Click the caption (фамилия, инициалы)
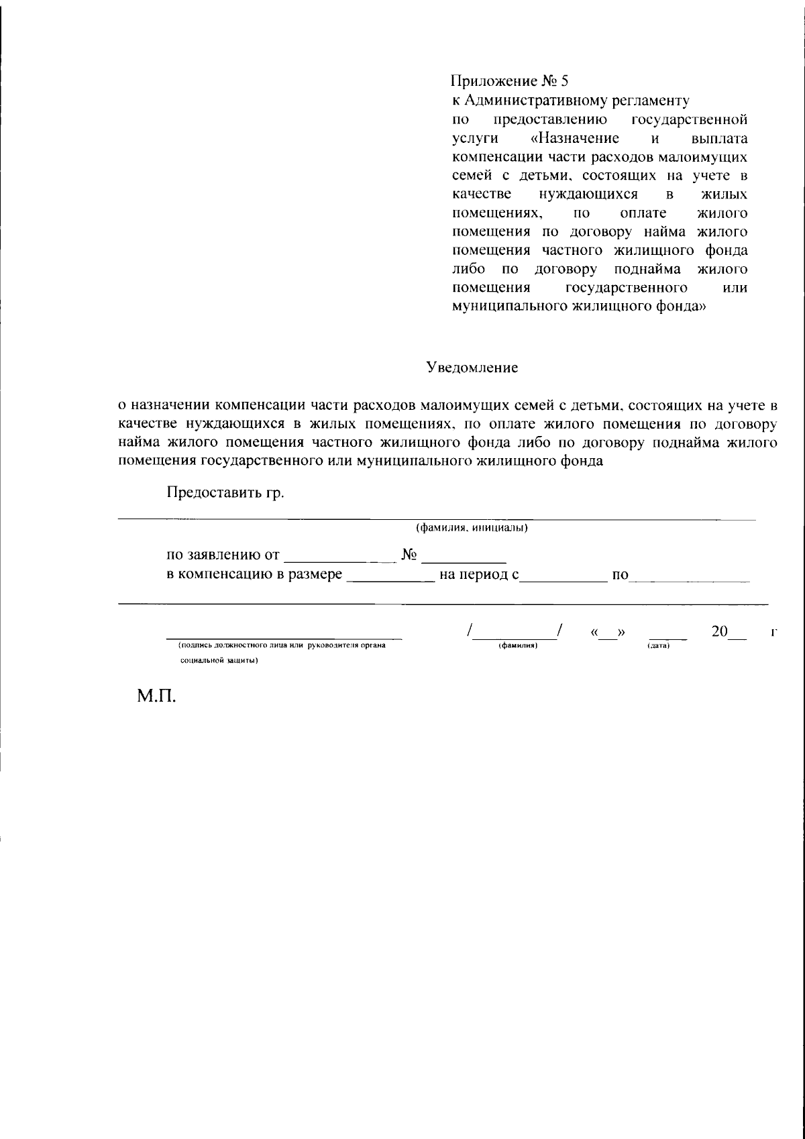(x=472, y=527)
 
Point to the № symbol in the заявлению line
(x=410, y=555)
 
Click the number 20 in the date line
(x=719, y=632)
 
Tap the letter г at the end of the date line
(x=774, y=633)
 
